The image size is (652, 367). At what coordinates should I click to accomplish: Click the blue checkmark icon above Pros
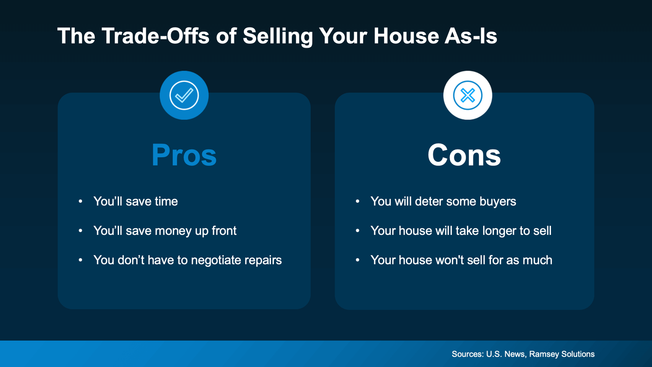184,95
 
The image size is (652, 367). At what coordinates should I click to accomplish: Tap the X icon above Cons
467,95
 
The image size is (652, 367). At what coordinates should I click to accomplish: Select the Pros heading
184,155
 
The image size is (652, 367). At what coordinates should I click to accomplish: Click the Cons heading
464,155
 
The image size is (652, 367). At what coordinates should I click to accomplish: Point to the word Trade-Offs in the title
156,36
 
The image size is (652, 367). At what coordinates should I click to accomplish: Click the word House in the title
405,36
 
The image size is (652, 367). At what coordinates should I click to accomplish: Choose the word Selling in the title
278,37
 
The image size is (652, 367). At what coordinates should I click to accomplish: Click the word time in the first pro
166,201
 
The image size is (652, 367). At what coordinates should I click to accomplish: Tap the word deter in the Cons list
429,201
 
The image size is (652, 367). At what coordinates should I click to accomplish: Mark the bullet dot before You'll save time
81,201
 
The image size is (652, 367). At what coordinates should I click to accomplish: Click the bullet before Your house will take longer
357,231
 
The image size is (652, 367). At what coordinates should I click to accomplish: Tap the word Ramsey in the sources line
544,354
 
